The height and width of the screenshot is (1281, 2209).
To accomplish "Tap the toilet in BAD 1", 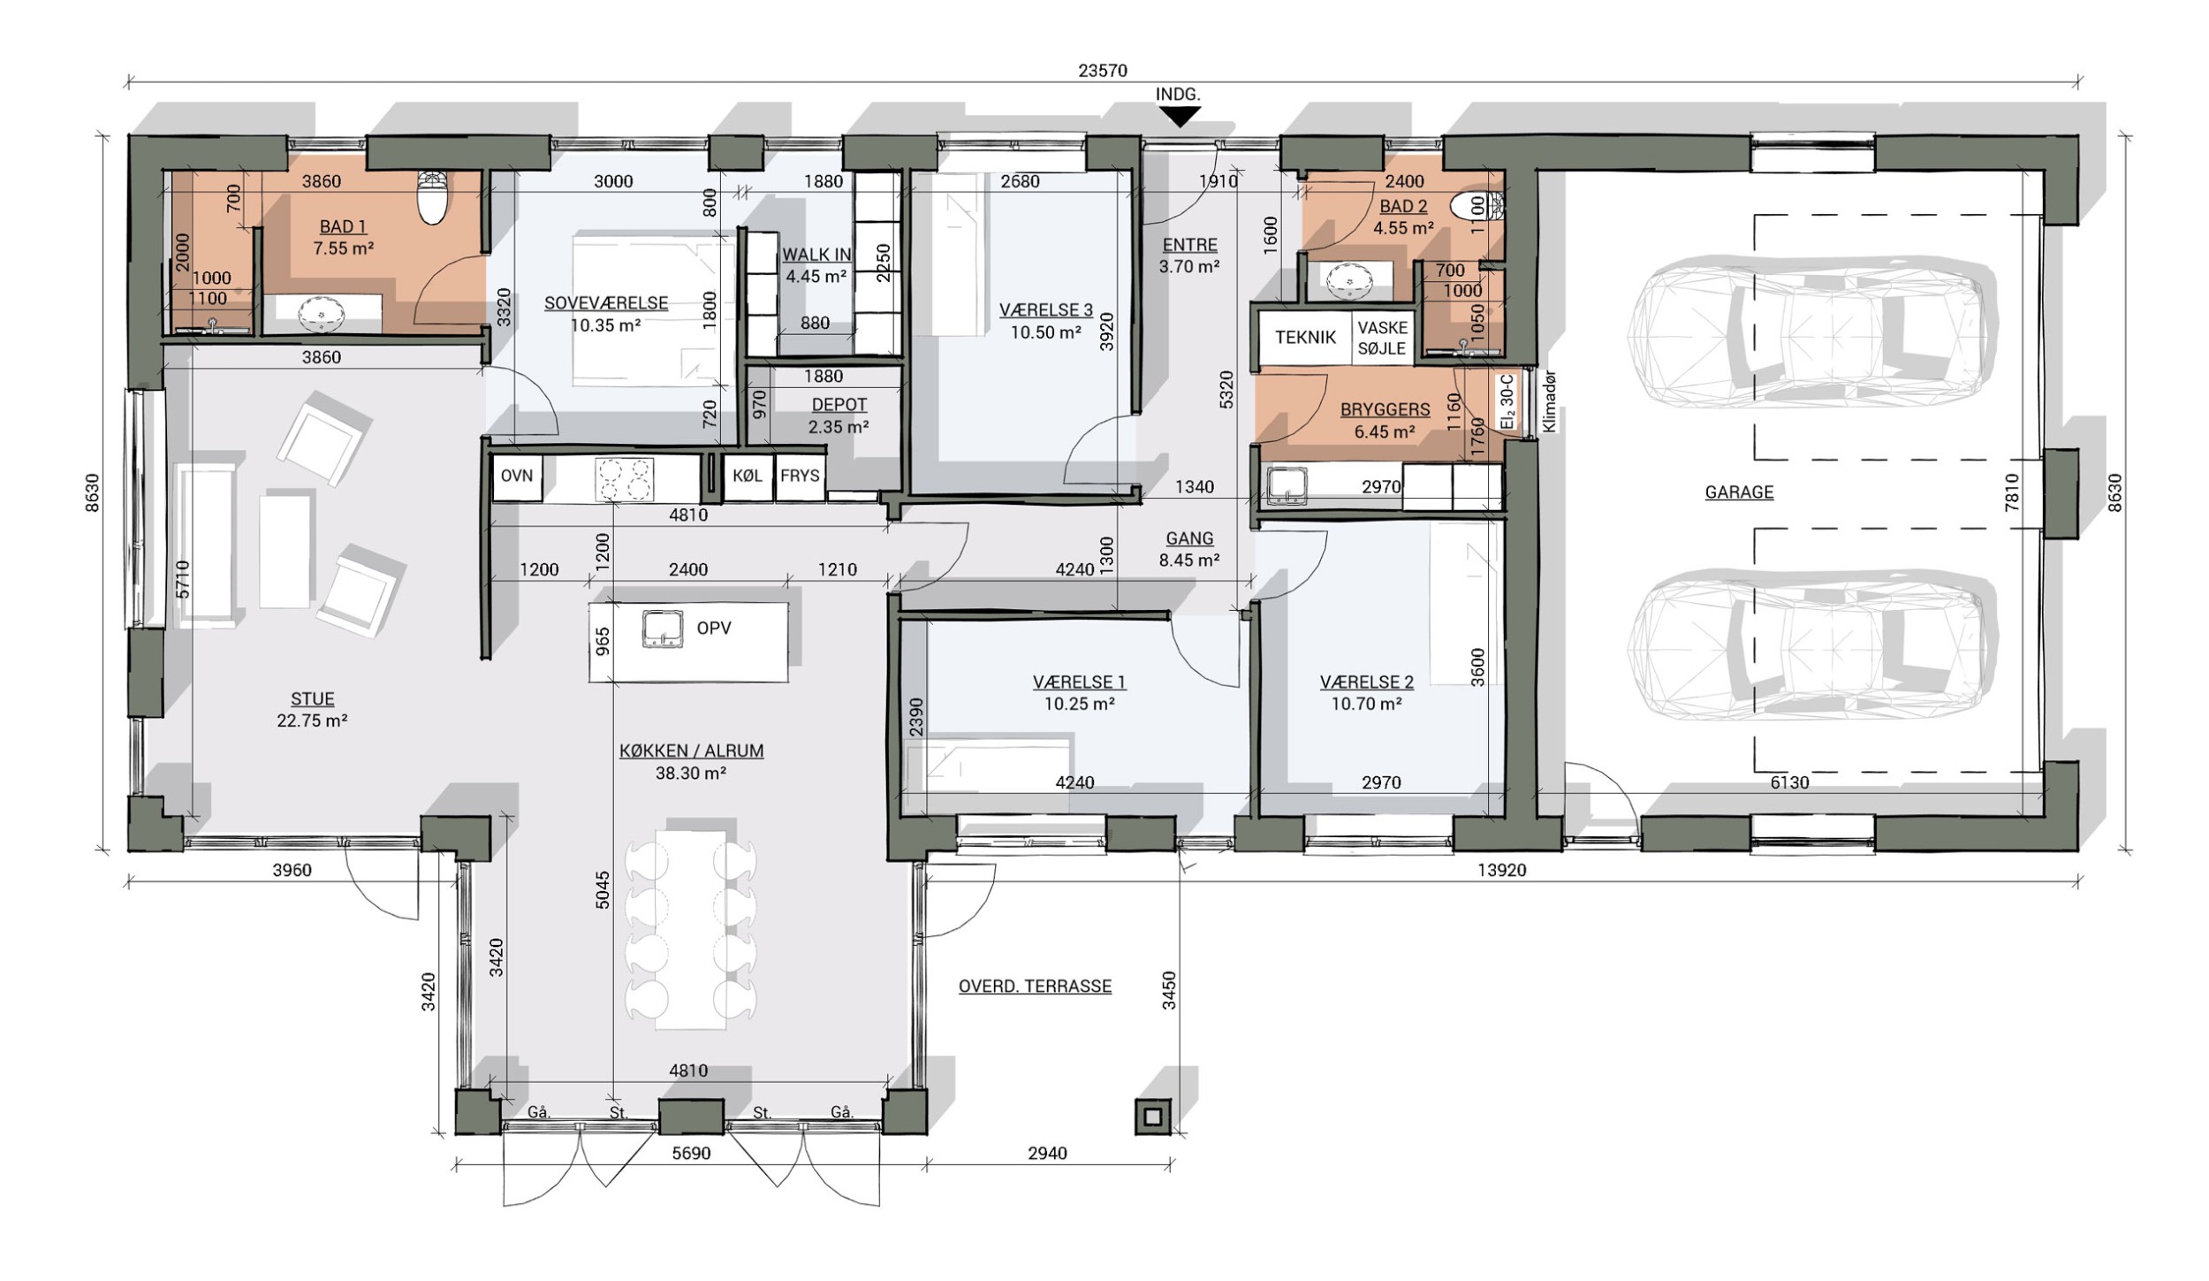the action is click(433, 197).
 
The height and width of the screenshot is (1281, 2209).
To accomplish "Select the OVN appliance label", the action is click(517, 476).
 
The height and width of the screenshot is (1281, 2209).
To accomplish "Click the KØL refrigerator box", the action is click(748, 477).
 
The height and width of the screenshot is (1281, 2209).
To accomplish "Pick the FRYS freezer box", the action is click(801, 477).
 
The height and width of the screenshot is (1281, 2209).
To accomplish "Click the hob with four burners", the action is click(624, 479).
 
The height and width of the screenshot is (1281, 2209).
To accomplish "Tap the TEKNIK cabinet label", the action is click(1305, 338).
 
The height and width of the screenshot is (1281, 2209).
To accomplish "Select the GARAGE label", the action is click(1739, 492).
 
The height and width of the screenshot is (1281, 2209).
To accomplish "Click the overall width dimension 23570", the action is click(1103, 71).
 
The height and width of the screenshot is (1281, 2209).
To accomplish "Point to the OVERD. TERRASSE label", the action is click(1035, 987).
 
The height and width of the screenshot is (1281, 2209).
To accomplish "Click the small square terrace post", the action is click(1153, 1117).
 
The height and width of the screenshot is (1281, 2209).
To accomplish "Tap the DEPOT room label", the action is click(839, 405).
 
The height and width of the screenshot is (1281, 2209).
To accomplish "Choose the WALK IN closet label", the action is click(816, 255).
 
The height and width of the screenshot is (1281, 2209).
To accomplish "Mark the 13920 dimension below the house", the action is click(1502, 871).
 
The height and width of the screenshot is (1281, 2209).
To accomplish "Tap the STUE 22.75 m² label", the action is click(312, 710).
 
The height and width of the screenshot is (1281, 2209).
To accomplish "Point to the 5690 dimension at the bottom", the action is click(691, 1154).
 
